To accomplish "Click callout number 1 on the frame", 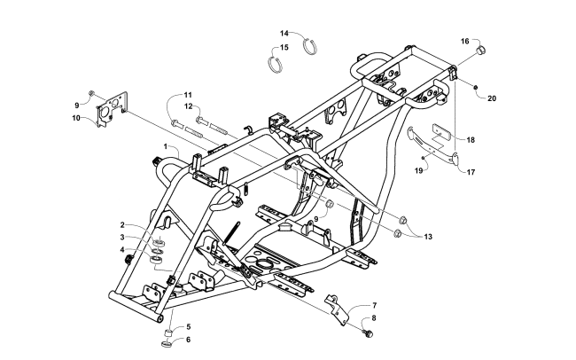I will (x=165, y=145).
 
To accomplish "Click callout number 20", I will (x=493, y=98).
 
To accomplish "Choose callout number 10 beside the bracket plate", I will (x=76, y=117).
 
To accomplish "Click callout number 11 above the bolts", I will (x=188, y=94).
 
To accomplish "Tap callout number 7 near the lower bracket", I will (x=374, y=305).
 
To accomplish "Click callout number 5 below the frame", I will (x=186, y=326).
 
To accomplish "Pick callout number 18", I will (x=471, y=139).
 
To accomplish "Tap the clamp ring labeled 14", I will (x=312, y=45).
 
